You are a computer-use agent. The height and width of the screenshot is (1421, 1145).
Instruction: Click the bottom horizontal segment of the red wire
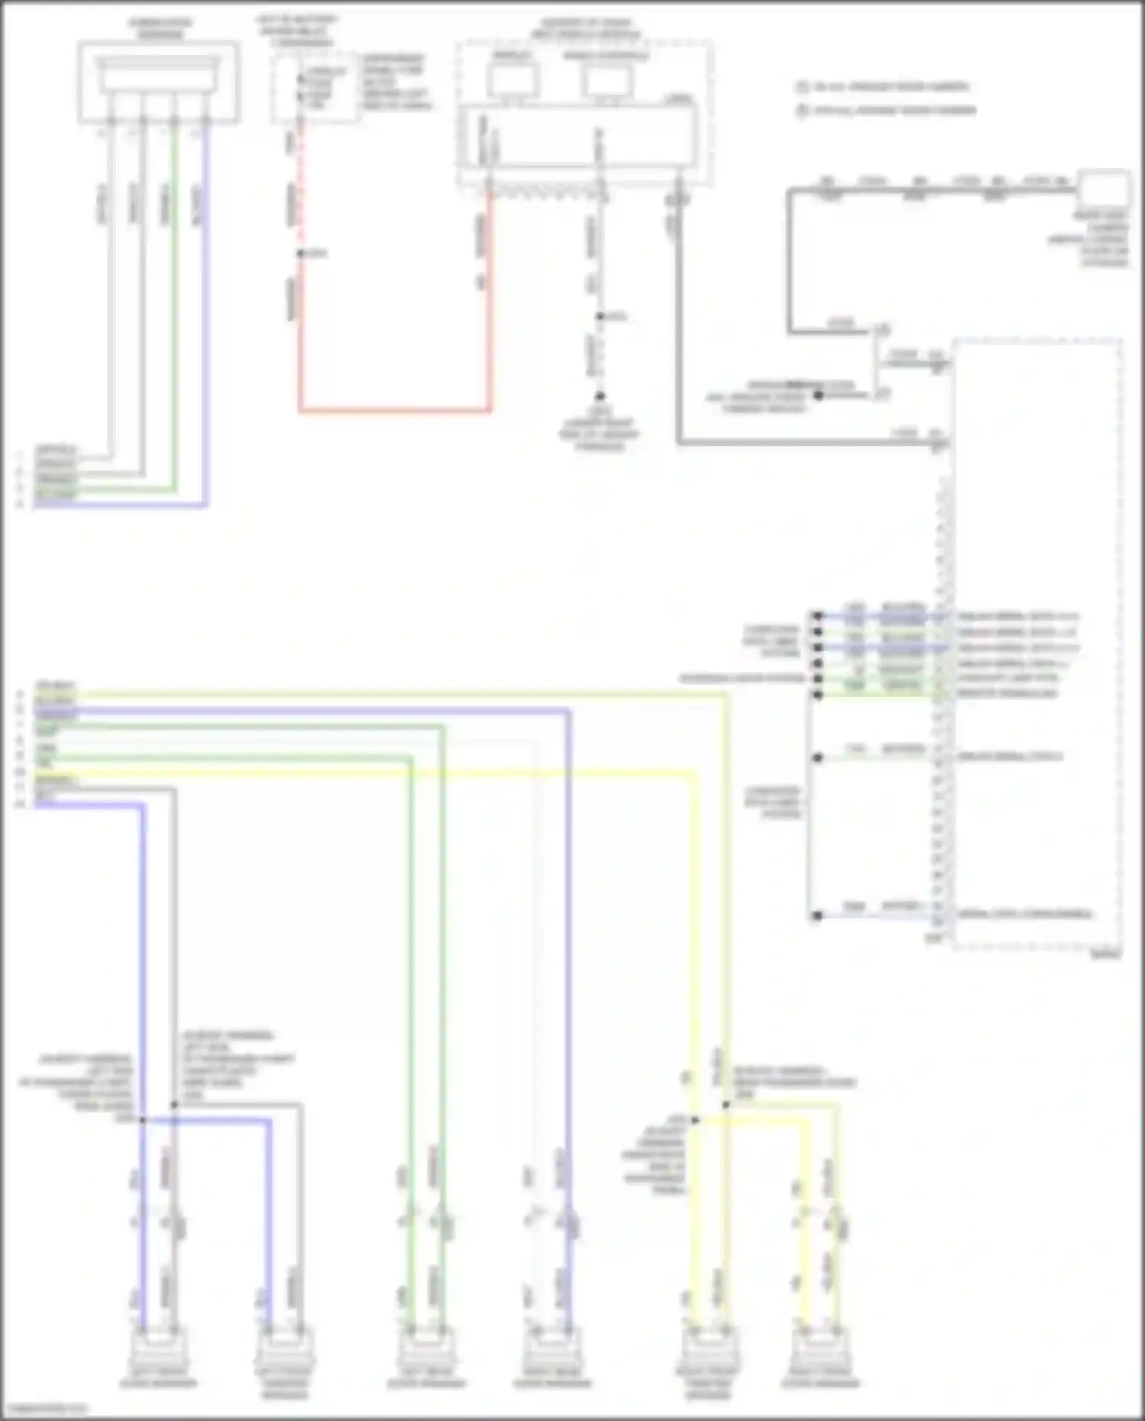click(394, 410)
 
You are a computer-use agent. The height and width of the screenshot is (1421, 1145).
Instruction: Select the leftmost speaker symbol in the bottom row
click(159, 1352)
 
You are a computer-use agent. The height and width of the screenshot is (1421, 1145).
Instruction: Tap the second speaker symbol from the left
click(284, 1352)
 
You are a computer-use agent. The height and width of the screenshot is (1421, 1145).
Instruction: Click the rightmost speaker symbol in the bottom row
click(820, 1352)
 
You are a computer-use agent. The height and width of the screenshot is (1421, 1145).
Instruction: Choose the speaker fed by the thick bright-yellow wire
click(709, 1352)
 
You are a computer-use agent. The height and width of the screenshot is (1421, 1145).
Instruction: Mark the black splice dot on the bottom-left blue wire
click(143, 1119)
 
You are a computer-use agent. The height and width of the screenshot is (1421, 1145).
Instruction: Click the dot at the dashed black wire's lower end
click(600, 396)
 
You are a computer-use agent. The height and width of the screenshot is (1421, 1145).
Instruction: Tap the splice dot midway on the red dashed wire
click(300, 254)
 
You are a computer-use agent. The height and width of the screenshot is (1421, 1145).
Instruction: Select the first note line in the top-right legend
click(886, 87)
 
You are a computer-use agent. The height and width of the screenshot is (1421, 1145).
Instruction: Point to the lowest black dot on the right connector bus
click(817, 915)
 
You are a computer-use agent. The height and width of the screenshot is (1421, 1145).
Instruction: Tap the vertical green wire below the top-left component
click(176, 305)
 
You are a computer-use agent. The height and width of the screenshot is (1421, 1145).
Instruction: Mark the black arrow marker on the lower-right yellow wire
click(694, 1120)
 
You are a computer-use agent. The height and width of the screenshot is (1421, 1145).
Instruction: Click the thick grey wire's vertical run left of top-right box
click(790, 260)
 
